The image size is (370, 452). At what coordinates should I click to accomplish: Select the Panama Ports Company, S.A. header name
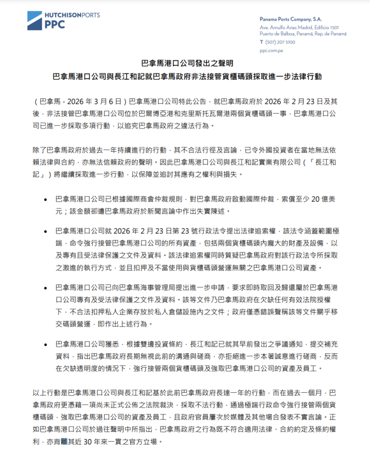pos(292,18)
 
